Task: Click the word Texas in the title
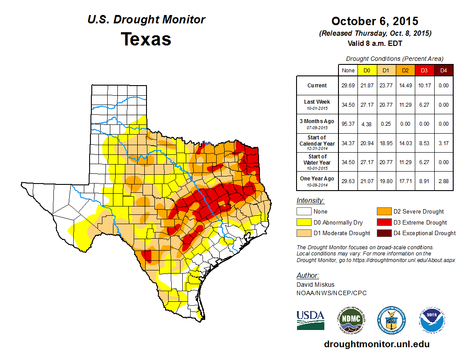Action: coord(146,39)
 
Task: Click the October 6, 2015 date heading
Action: coord(375,21)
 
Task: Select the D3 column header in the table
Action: coord(424,71)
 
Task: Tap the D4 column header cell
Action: coord(443,71)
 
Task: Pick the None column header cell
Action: coord(348,71)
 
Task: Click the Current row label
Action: coord(317,86)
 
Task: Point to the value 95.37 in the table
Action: coord(348,124)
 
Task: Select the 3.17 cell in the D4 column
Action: coord(443,143)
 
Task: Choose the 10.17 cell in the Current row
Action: coord(424,86)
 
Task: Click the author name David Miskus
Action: coord(315,285)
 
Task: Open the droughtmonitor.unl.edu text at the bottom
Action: coord(376,344)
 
